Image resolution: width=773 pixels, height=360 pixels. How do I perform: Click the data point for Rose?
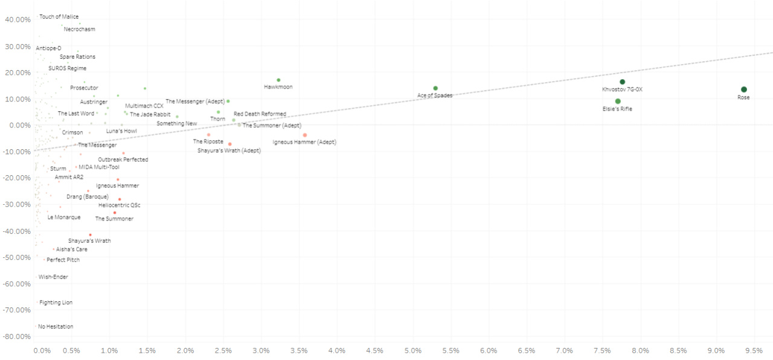[x=744, y=89]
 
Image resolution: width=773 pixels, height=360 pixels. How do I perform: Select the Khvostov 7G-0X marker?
[x=622, y=82]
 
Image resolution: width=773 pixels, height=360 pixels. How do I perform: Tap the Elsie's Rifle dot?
[x=618, y=101]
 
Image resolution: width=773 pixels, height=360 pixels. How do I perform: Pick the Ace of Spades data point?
[x=435, y=88]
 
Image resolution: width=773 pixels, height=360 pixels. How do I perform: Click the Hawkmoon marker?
[x=278, y=80]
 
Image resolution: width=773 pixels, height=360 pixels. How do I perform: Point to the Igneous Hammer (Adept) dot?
[x=305, y=135]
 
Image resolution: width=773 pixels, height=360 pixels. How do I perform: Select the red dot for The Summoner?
[x=115, y=213]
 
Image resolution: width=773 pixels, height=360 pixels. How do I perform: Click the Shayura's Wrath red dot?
[x=91, y=234]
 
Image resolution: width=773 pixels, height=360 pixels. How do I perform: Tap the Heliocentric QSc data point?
[x=120, y=199]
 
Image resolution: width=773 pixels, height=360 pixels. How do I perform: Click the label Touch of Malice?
[x=59, y=17]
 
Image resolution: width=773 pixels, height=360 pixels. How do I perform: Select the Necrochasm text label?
[x=79, y=29]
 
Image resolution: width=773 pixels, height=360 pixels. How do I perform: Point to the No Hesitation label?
[x=56, y=327]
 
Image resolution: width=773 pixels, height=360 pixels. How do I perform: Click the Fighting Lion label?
[x=56, y=303]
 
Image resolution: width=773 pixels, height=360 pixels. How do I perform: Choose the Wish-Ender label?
[x=53, y=277]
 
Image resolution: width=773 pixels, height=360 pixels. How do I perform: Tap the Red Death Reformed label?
[x=260, y=114]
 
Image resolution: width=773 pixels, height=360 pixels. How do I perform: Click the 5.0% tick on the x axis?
[x=413, y=350]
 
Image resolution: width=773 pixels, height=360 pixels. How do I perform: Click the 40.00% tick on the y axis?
[x=18, y=19]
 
